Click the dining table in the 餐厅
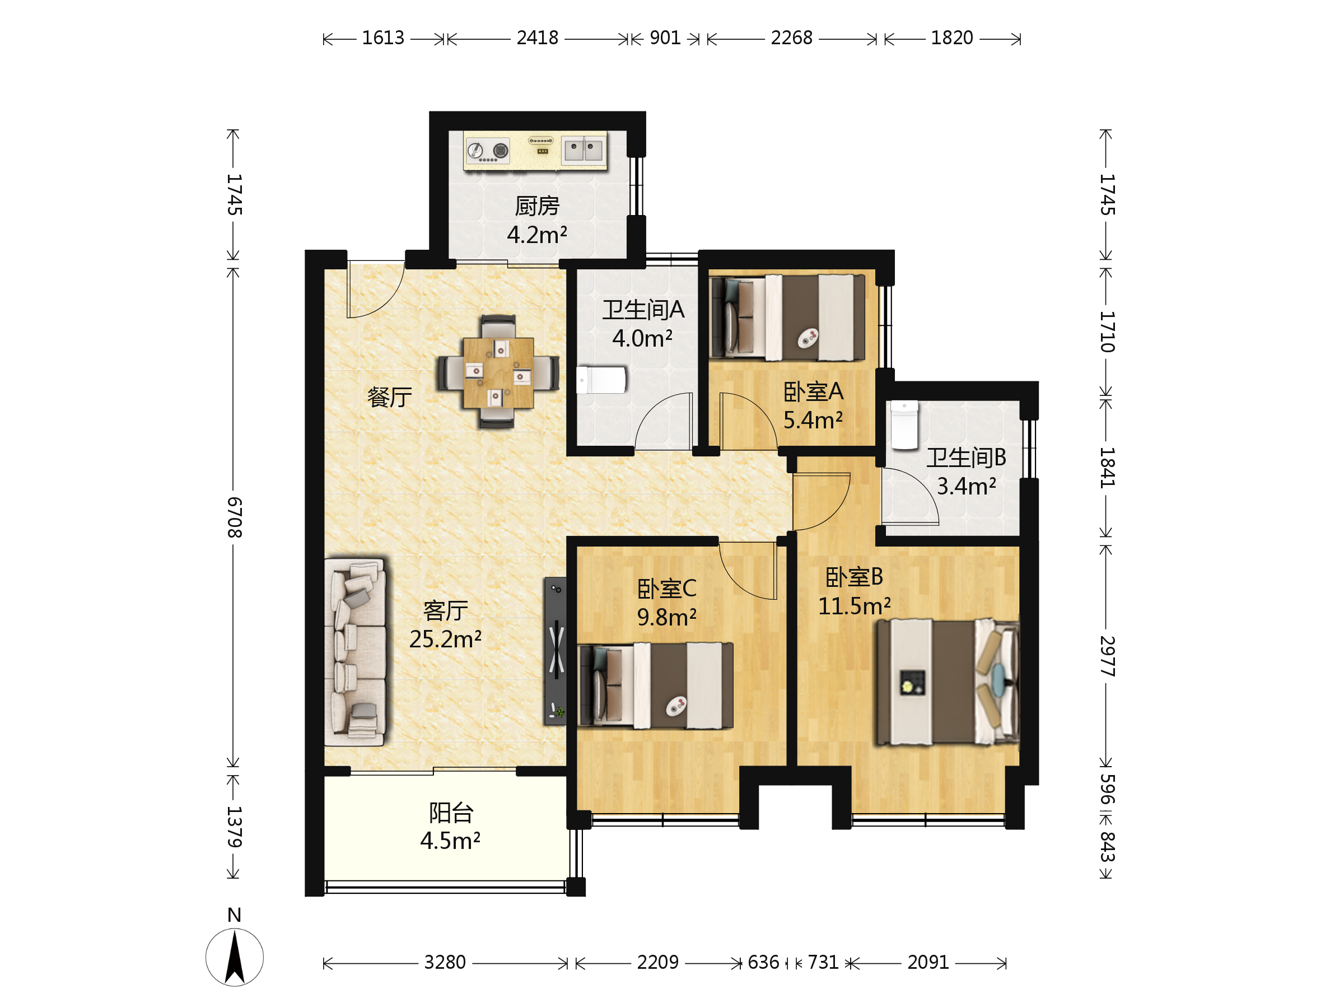498,372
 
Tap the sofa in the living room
356,652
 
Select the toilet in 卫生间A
601,380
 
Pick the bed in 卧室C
656,685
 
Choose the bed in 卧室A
787,317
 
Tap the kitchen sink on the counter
584,150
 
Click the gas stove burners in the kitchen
488,150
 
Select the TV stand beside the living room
556,651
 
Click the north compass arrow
235,958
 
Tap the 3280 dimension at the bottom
445,963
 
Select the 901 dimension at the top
665,38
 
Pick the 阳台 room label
451,813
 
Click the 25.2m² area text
445,639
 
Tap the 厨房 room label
537,206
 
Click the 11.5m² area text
854,606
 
